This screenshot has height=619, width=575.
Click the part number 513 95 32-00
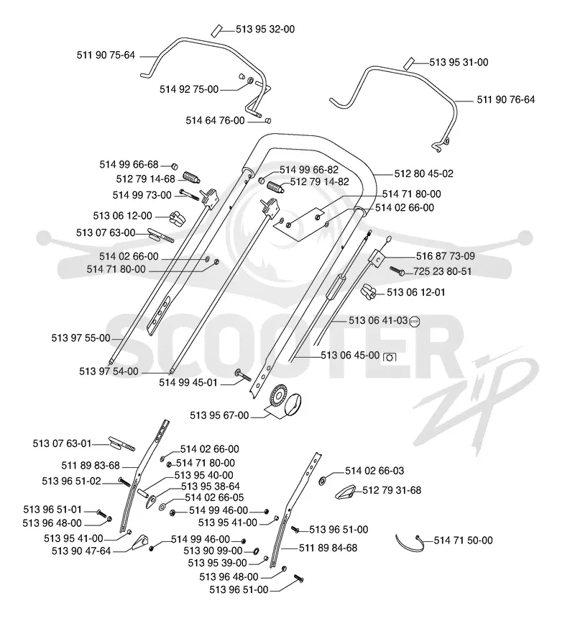click(x=265, y=30)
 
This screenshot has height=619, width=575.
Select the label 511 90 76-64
click(x=505, y=99)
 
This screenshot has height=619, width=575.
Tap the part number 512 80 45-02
click(x=423, y=173)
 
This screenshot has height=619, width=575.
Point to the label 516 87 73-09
click(x=446, y=256)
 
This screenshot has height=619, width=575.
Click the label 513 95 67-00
click(x=219, y=415)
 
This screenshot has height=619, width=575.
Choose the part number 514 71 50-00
click(x=463, y=541)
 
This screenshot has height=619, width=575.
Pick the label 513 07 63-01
click(x=62, y=443)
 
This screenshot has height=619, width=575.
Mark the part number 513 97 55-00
click(x=80, y=338)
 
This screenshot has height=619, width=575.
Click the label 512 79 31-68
click(x=392, y=490)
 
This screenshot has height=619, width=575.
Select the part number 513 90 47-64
click(x=81, y=551)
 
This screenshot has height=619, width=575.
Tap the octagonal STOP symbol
click(x=415, y=321)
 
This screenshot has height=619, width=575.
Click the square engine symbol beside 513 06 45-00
click(x=390, y=357)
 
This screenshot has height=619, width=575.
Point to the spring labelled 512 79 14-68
click(x=192, y=178)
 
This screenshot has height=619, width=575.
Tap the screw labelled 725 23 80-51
click(x=397, y=271)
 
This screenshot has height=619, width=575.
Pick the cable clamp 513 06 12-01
click(x=368, y=292)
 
